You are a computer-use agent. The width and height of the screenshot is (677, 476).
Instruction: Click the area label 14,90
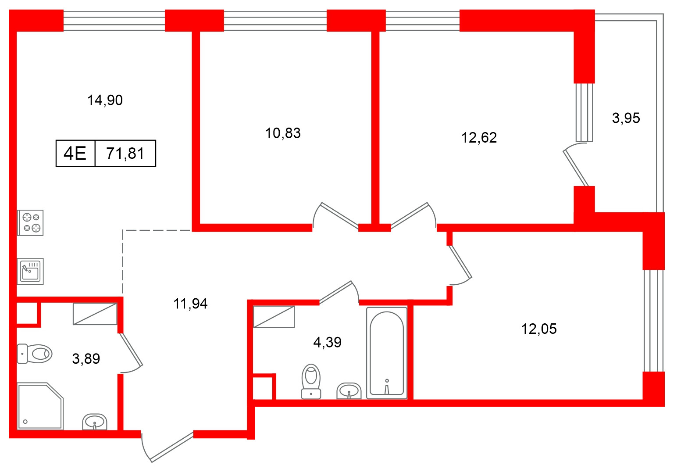pos(105,100)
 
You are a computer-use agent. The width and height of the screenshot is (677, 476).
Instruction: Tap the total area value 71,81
pos(125,154)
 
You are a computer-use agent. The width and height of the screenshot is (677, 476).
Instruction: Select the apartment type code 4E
pos(75,154)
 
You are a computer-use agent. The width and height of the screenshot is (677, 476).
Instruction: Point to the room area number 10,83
pos(283,133)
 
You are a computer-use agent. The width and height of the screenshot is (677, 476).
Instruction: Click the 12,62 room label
pos(479,138)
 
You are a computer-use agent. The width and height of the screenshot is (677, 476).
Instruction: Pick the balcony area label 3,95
pos(626,118)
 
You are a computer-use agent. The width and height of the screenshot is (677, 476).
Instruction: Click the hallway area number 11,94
pos(190,304)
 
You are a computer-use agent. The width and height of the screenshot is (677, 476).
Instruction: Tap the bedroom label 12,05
pos(538,329)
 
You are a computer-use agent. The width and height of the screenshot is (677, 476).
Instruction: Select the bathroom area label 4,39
pos(327,342)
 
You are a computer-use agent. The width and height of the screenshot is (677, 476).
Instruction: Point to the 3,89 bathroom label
pos(86,359)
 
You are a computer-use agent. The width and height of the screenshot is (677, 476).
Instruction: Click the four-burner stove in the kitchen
pos(30,222)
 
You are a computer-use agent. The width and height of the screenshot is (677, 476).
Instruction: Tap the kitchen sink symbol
pos(30,271)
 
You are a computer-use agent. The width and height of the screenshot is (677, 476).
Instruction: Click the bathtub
pos(386,353)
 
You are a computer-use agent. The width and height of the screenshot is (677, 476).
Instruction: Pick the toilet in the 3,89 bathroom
pos(35,354)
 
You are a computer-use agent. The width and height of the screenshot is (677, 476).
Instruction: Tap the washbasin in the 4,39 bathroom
pos(349,391)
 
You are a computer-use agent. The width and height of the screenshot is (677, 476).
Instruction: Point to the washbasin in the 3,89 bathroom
pos(94,422)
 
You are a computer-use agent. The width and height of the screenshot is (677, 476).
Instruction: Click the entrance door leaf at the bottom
pos(172,447)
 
